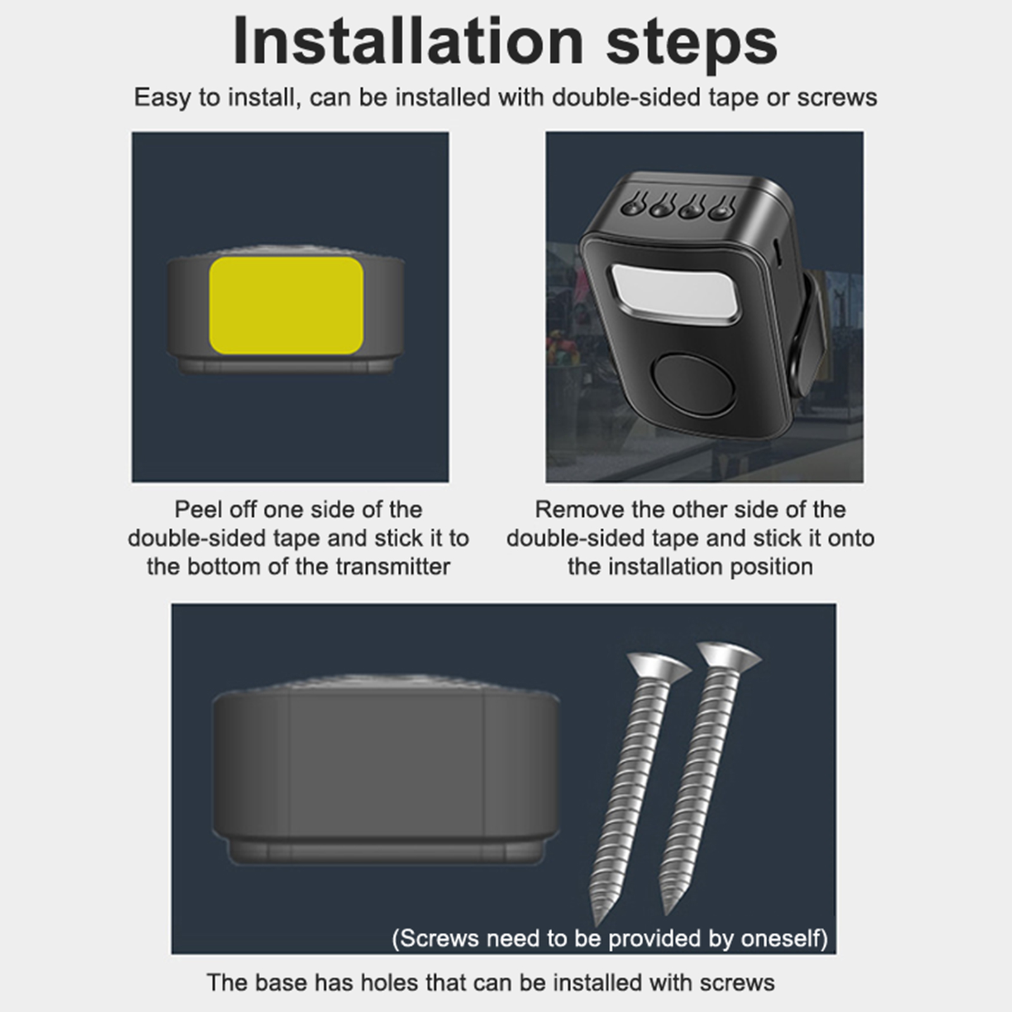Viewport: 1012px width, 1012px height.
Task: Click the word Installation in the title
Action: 408,42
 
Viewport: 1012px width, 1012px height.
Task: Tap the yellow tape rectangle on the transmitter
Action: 287,305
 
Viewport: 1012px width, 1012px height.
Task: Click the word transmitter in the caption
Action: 392,566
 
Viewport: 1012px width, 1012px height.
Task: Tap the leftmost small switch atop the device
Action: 633,205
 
